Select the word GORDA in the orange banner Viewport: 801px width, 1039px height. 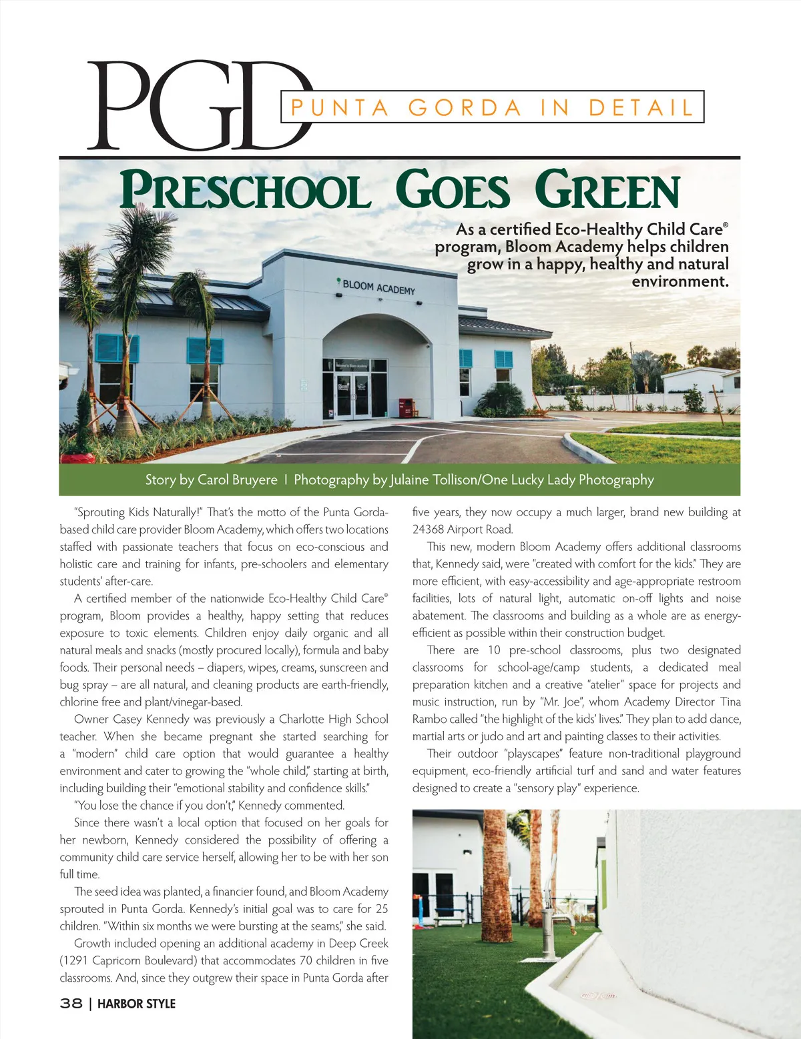(x=465, y=107)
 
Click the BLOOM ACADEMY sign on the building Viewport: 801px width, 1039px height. (x=378, y=287)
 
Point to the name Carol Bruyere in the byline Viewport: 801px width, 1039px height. (x=237, y=480)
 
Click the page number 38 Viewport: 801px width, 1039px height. (x=71, y=1004)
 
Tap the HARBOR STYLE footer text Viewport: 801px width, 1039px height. (x=136, y=1004)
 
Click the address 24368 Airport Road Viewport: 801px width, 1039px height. (x=463, y=530)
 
